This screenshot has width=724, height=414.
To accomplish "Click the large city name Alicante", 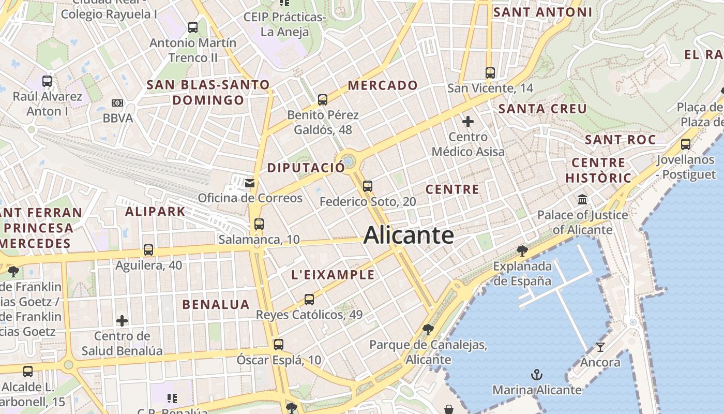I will point(409,235).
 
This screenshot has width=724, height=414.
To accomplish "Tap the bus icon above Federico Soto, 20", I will point(368,186).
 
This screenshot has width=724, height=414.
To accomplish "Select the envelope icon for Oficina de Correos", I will point(250,183).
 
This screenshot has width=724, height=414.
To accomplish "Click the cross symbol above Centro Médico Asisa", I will point(468,122).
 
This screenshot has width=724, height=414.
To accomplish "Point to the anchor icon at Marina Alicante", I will point(537,374).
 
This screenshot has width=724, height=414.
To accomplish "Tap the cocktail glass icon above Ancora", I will point(600,347).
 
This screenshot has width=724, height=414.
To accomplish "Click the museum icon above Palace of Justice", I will point(582,200).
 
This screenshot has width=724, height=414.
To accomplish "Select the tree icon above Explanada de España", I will point(522,251).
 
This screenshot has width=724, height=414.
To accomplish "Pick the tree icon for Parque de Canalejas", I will point(428,329).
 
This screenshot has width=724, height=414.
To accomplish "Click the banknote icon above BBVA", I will point(117,103).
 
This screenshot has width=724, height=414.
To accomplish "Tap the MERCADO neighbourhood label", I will point(383,85).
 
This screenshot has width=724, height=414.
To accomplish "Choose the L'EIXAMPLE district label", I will point(333,275).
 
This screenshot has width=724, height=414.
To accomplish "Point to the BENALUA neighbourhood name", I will point(216,304).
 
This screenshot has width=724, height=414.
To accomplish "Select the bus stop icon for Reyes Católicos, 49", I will point(309,299).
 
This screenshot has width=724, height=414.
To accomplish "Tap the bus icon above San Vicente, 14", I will point(490,73).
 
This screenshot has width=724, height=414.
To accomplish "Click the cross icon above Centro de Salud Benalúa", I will point(122,321).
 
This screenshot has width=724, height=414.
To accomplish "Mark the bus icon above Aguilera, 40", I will point(148,250).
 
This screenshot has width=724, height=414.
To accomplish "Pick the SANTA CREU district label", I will point(542,109).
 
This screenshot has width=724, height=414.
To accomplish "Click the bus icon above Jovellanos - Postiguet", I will point(686,144).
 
